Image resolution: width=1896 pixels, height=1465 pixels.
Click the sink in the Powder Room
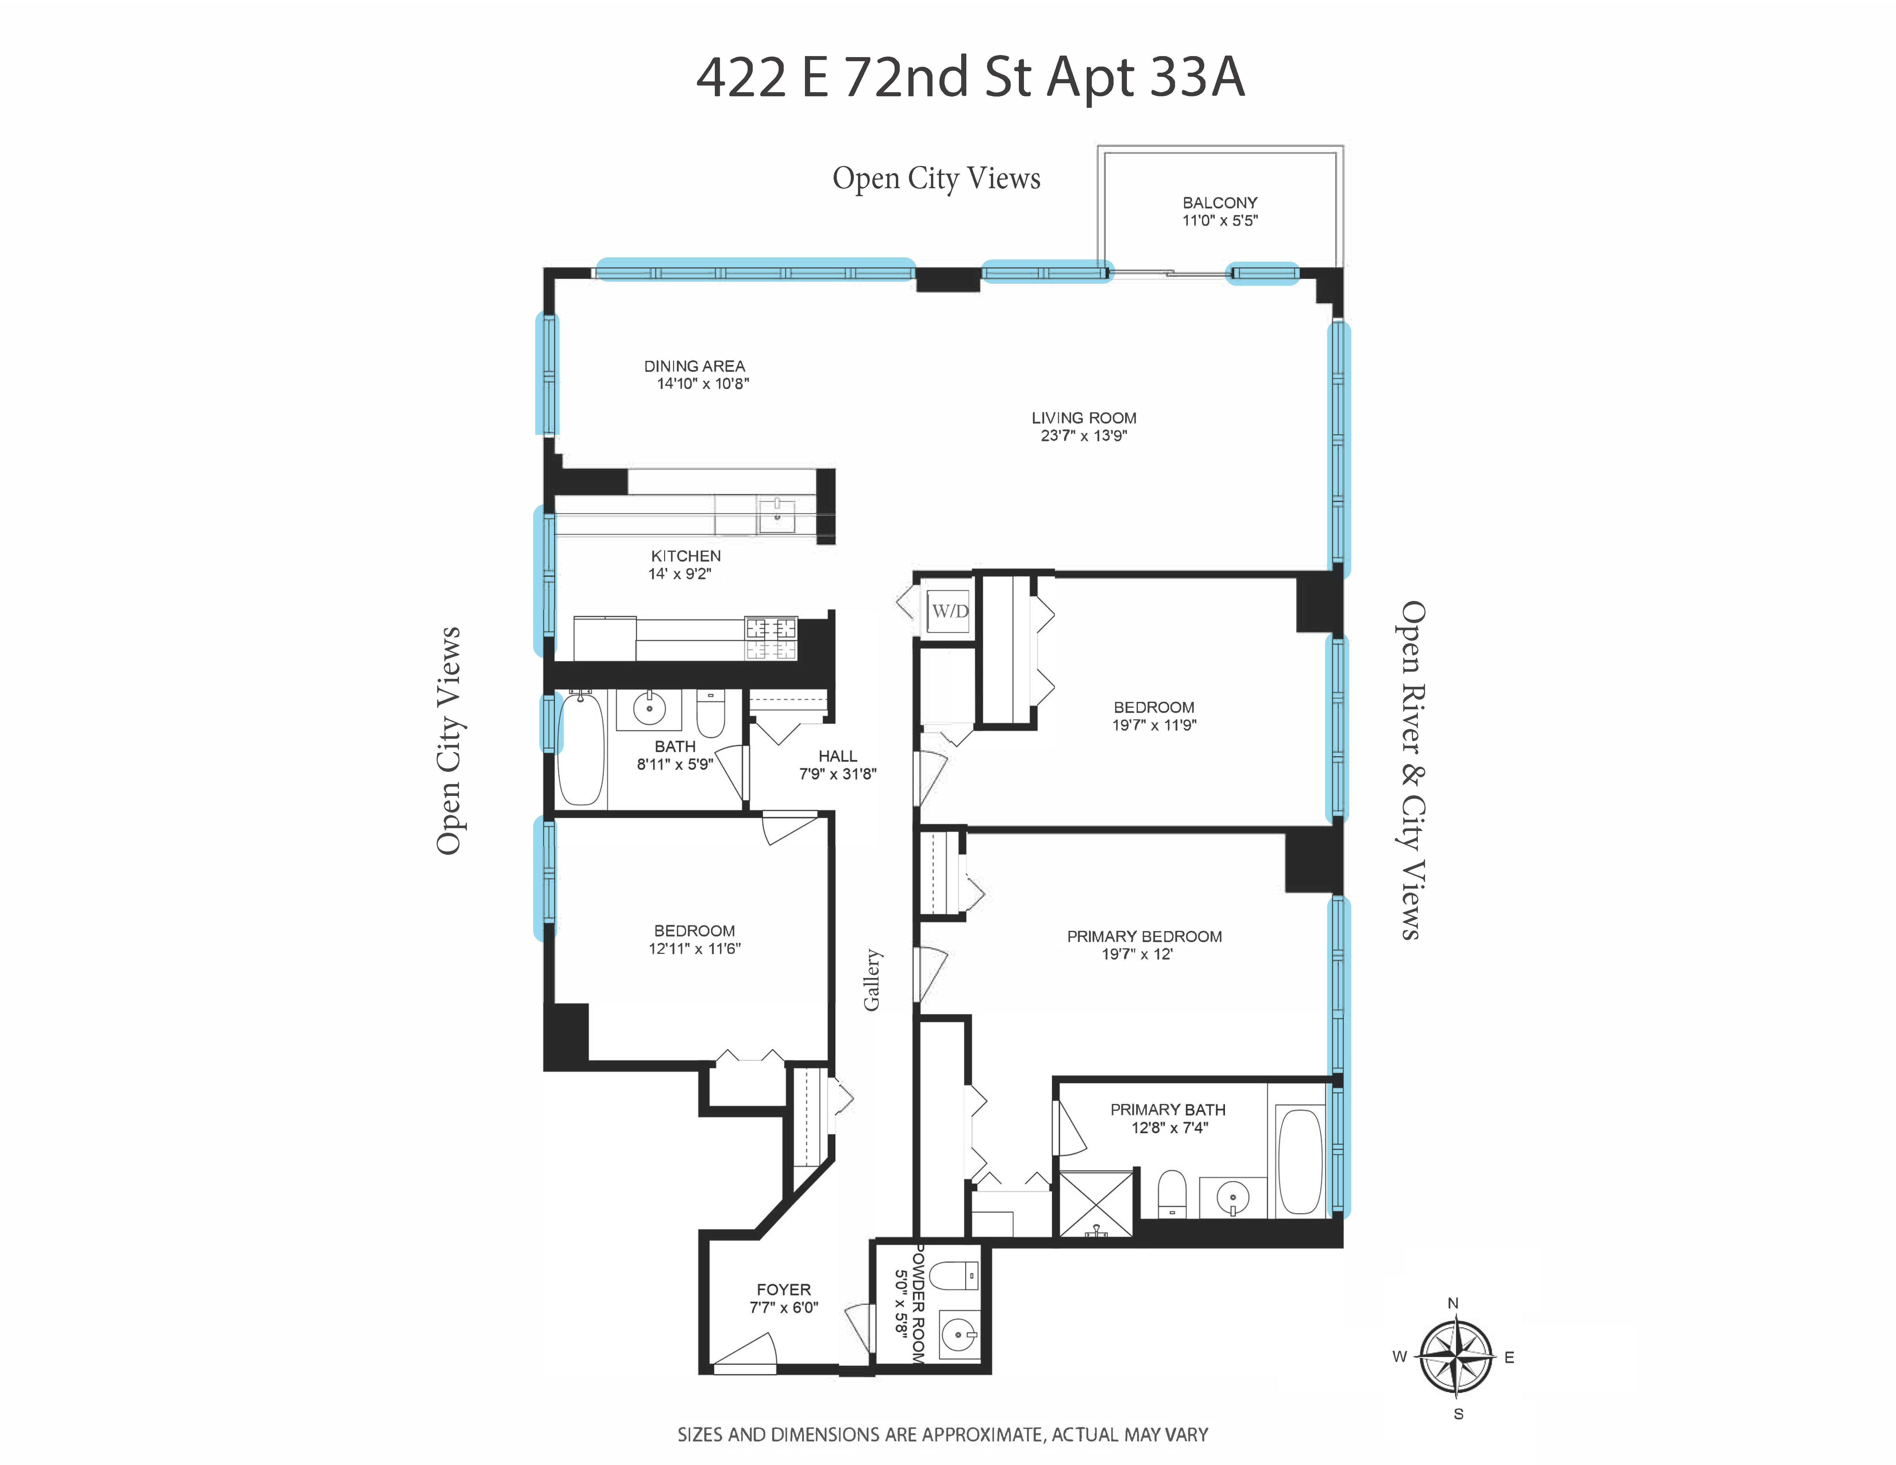pos(959,1334)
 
